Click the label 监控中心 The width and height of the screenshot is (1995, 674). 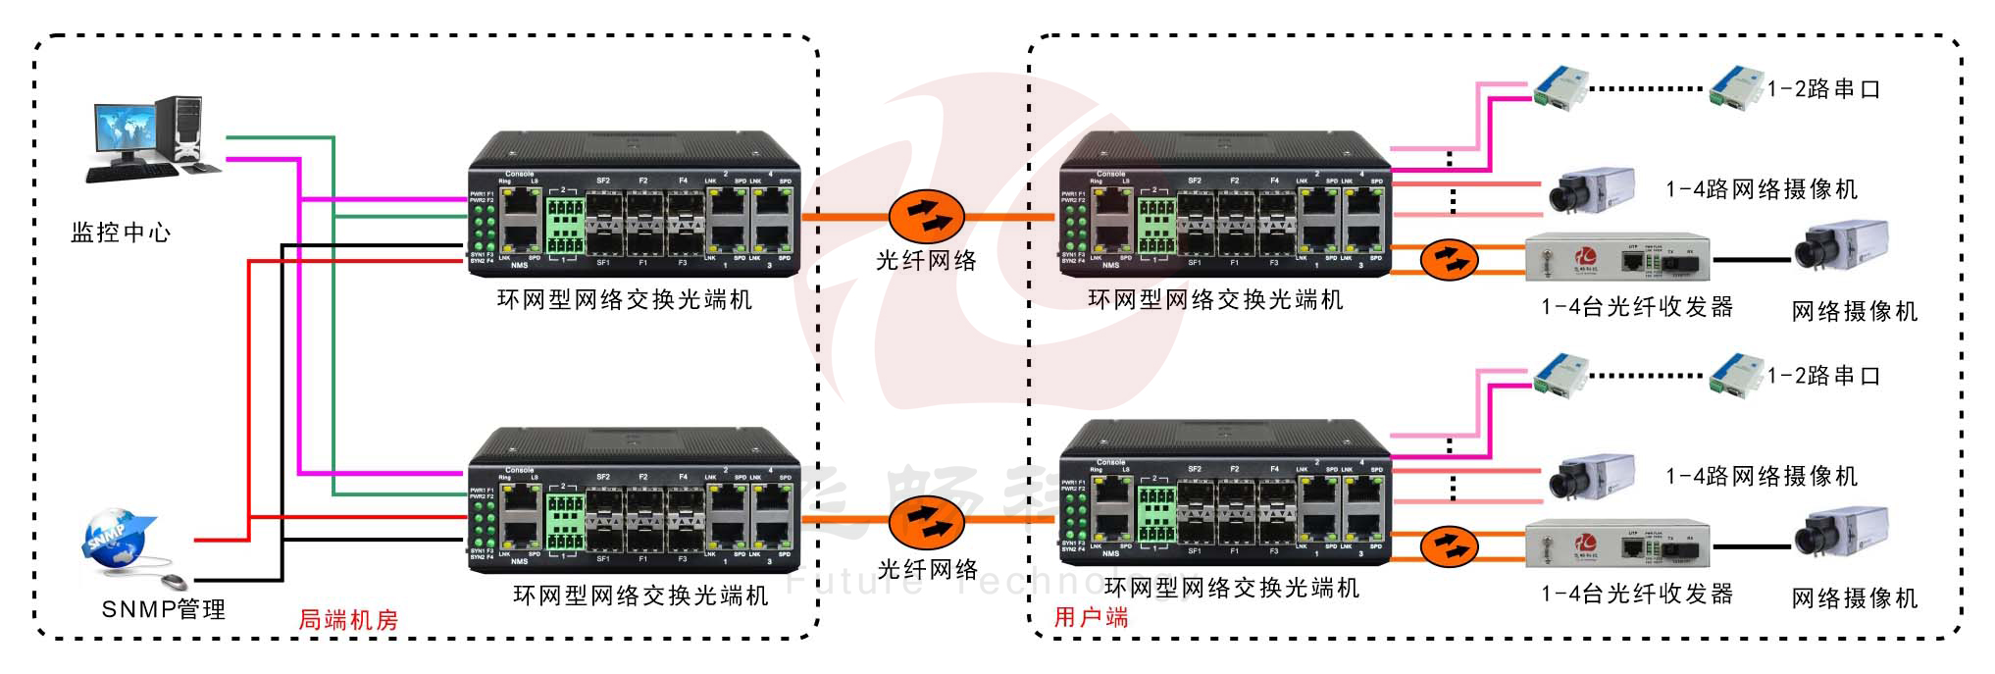tap(121, 233)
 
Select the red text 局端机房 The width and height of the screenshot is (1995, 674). tap(348, 620)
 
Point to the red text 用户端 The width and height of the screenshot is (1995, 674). tap(1091, 617)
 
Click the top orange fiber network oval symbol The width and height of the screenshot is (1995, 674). tap(926, 217)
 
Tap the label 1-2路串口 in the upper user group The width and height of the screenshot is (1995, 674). tap(1823, 89)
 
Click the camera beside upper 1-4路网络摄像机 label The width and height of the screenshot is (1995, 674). tap(1591, 189)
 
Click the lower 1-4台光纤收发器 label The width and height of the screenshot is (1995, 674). tap(1637, 594)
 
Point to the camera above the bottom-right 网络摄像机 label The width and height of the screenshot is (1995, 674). tap(1841, 533)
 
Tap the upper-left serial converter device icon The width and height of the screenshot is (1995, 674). tap(1560, 86)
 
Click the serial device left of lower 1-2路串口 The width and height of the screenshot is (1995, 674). tap(1735, 375)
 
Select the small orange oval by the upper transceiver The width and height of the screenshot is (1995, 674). tap(1449, 260)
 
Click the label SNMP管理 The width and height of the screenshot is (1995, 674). tap(164, 609)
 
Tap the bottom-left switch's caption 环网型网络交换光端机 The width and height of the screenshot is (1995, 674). tap(640, 596)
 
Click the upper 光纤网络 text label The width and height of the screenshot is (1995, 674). tap(926, 261)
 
